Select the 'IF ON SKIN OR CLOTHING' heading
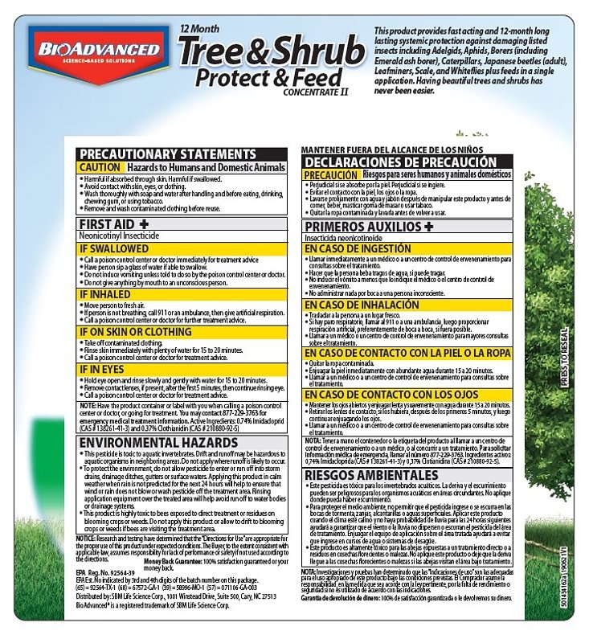pyautogui.click(x=133, y=330)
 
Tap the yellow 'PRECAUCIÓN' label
pyautogui.click(x=330, y=174)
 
